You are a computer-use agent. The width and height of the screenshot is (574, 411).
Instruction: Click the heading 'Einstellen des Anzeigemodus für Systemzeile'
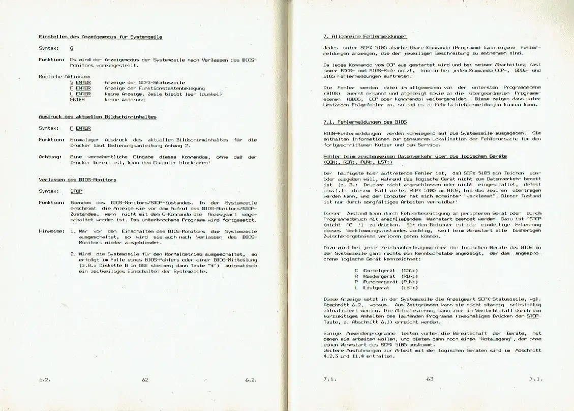click(100, 37)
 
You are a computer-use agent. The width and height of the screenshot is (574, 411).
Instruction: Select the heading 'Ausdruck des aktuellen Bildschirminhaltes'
click(98, 116)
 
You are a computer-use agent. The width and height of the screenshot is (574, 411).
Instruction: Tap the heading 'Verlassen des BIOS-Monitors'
click(77, 180)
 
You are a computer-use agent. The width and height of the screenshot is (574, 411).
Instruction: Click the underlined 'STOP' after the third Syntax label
click(76, 191)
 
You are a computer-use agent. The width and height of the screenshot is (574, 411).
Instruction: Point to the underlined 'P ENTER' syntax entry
click(80, 128)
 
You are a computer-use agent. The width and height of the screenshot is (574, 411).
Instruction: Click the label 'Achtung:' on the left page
click(50, 157)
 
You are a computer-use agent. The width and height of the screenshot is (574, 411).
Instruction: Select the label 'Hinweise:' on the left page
click(51, 231)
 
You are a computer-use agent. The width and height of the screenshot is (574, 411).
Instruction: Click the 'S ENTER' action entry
click(80, 82)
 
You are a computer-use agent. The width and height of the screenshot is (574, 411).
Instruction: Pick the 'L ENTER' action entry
click(80, 94)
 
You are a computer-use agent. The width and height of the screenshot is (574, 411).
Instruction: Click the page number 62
click(145, 379)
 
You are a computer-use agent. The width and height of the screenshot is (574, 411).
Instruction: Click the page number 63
click(430, 379)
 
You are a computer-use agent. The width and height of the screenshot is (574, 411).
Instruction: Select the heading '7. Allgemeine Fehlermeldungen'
click(365, 37)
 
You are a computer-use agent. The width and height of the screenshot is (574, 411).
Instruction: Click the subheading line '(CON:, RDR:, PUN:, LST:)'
click(358, 162)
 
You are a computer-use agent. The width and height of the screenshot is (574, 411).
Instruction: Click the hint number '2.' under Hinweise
click(74, 254)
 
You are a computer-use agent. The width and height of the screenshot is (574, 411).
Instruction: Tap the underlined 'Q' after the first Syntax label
click(72, 48)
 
